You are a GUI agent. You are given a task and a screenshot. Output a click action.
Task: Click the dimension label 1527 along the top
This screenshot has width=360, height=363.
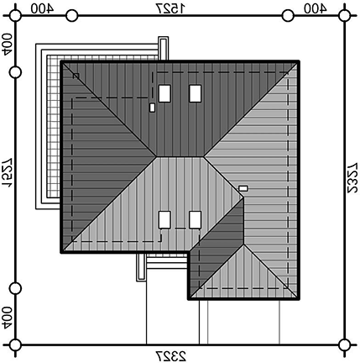(x=171, y=9)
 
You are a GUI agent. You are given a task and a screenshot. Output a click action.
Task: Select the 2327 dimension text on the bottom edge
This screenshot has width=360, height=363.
(x=171, y=356)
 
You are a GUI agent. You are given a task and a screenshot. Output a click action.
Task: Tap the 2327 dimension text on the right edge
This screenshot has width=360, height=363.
(x=352, y=178)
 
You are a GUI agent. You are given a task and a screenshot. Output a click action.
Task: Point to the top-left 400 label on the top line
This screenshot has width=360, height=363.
(x=43, y=9)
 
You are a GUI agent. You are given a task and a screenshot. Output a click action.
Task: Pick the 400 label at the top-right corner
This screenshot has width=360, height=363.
(x=316, y=9)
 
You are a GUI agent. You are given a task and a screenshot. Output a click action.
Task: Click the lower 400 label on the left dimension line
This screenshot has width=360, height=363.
(x=8, y=318)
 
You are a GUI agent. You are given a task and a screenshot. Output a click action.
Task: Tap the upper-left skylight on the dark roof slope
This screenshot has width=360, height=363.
(x=164, y=93)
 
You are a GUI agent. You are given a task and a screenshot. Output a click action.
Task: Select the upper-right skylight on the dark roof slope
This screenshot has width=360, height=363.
(x=196, y=93)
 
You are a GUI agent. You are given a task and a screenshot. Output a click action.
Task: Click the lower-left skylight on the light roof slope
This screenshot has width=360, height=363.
(x=164, y=220)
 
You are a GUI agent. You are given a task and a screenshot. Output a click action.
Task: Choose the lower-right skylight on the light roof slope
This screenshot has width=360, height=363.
(x=196, y=220)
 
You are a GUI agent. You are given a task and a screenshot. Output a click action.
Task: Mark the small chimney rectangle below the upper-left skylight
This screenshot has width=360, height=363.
(x=152, y=108)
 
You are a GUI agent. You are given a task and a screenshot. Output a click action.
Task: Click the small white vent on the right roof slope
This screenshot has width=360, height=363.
(x=243, y=188)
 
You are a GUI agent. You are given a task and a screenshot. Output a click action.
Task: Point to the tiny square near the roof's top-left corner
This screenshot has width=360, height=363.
(x=76, y=76)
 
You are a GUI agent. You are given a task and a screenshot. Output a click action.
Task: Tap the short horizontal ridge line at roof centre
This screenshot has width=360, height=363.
(x=180, y=156)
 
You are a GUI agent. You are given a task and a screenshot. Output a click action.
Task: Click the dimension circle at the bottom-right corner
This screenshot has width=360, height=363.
(x=344, y=345)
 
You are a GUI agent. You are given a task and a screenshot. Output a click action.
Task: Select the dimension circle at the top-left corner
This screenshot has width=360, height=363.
(x=15, y=15)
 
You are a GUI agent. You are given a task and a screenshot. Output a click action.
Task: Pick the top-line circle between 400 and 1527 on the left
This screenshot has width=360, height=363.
(x=71, y=15)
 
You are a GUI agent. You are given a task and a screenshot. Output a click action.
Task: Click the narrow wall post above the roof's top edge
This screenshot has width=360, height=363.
(x=164, y=49)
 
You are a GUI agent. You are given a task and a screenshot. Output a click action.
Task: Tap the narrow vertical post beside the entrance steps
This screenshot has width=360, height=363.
(x=141, y=266)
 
